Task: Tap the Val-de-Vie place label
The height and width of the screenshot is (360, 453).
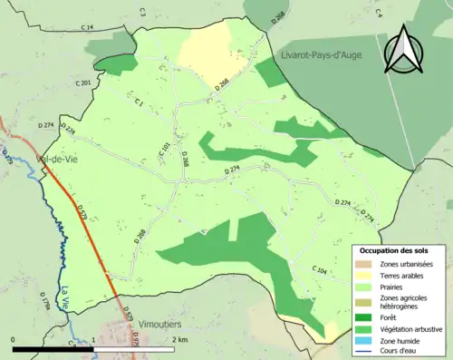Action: tap(55, 161)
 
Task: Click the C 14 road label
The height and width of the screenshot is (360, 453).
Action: tap(87, 28)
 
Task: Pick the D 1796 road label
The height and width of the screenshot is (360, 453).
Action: tap(44, 301)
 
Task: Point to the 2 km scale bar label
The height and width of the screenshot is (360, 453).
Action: tap(178, 339)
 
